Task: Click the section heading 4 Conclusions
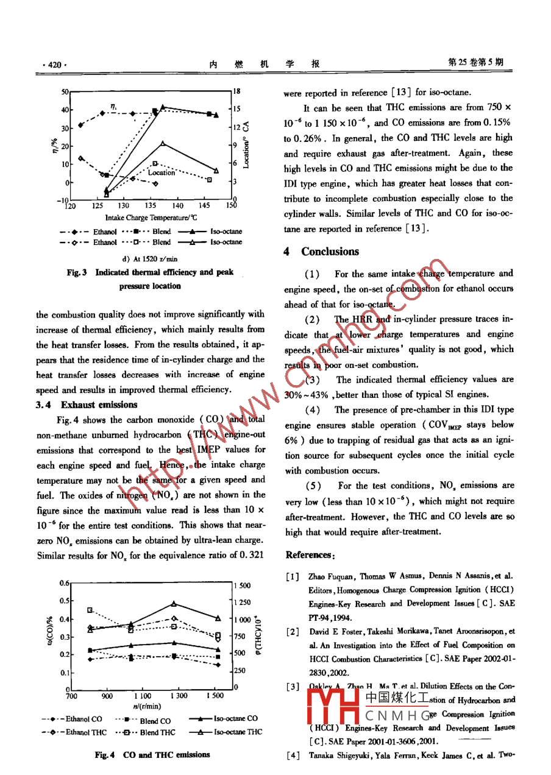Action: pos(321,252)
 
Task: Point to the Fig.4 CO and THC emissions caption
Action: pos(152,755)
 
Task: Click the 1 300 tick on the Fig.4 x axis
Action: pos(178,696)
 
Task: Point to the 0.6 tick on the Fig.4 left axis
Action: pos(64,583)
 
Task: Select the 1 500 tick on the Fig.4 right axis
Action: pos(242,586)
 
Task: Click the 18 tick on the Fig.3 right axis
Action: pos(237,91)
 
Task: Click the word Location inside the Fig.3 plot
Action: pos(162,172)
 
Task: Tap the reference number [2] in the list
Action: pos(292,631)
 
